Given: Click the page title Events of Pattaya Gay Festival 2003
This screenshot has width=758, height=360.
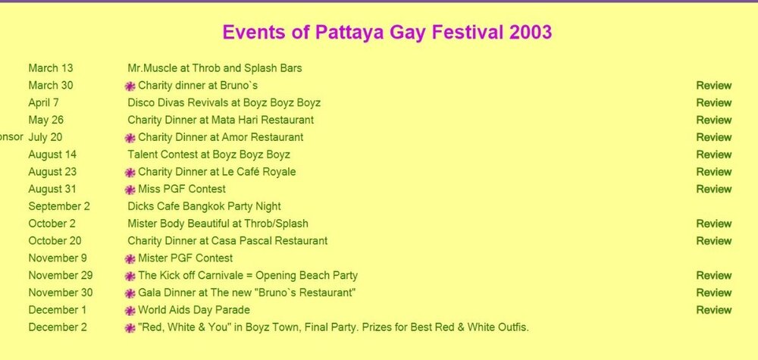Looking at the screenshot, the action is pos(387,33).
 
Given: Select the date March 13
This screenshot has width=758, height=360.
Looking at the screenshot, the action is pos(51,68).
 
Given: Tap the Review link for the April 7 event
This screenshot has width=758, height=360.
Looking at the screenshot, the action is pos(713,103).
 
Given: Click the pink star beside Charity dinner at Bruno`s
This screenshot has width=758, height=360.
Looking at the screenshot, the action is pos(130,86).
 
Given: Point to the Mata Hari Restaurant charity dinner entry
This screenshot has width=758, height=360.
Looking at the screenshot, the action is pos(221,120).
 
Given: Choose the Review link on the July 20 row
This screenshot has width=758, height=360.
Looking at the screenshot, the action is pos(713,137).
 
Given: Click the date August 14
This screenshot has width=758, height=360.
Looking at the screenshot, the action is pos(52,155).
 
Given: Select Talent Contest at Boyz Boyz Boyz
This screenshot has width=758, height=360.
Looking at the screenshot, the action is pos(209,155).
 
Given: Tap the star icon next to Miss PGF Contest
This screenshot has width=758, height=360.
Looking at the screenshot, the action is pos(130,190).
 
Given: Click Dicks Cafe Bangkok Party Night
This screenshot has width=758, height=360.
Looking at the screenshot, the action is pos(204,206).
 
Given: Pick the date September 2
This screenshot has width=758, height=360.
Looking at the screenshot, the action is pos(59,206).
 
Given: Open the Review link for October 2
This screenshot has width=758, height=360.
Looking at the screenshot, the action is pos(713,224).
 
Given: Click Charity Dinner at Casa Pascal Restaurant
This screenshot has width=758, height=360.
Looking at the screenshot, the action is pos(227,241).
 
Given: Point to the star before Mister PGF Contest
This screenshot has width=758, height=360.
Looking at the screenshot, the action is pos(130,259).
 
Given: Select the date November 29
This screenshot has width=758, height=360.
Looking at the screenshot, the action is pos(61,275).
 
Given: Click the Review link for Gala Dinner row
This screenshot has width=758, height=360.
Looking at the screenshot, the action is pos(713,293).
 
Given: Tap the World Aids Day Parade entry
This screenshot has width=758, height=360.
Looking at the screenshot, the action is pos(194,310).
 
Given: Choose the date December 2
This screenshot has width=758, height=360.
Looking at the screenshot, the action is pos(58,327).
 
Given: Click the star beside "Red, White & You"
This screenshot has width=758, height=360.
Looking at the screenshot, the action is pos(130,328).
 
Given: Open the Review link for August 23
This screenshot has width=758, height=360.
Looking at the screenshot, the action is pos(713,172).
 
